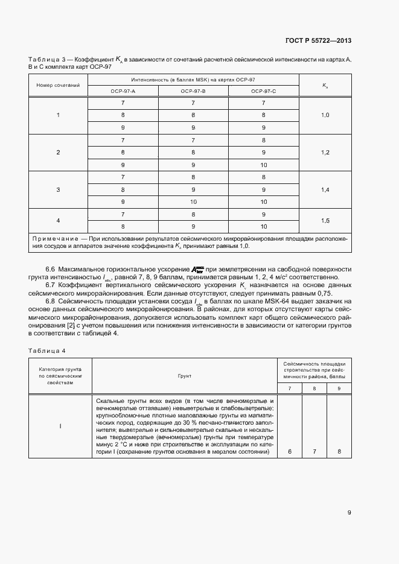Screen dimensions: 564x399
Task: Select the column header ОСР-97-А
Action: (123, 90)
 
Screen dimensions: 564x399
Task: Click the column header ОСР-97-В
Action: (193, 90)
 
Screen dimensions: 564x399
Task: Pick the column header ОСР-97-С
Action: (263, 90)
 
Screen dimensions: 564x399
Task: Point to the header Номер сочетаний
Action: (59, 85)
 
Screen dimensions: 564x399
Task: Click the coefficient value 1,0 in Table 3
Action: (325, 115)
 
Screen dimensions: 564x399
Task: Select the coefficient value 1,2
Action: (325, 153)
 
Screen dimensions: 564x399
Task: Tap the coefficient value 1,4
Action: (325, 189)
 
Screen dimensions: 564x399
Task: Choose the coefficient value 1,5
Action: (325, 221)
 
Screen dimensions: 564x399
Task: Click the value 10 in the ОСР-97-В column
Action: (193, 202)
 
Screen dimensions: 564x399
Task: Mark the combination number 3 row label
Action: (59, 189)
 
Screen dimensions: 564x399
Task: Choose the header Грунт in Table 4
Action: (184, 376)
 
